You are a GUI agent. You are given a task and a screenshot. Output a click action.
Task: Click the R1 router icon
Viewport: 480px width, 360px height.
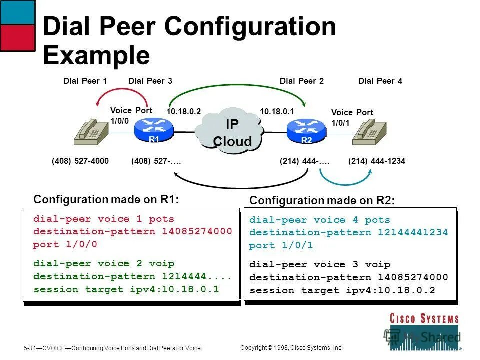click(x=154, y=131)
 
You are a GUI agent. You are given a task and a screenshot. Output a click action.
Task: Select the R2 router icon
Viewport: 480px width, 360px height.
click(x=306, y=131)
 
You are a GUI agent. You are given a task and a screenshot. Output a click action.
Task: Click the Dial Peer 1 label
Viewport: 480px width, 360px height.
click(x=85, y=81)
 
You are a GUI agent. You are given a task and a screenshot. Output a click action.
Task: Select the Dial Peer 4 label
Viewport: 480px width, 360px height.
click(x=380, y=81)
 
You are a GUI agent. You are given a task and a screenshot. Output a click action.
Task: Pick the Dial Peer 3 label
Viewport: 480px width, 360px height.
click(x=150, y=81)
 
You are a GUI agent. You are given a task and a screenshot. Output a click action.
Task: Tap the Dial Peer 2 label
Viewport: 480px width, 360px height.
click(x=302, y=81)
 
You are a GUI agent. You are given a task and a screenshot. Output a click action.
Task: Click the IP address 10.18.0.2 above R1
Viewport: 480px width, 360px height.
click(x=183, y=111)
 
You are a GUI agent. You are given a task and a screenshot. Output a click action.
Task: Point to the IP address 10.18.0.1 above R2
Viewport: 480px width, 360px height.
click(x=276, y=111)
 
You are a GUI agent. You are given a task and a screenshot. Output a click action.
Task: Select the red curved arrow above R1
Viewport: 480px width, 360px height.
click(x=118, y=92)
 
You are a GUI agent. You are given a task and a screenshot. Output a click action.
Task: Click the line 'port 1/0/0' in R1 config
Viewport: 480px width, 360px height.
click(x=65, y=245)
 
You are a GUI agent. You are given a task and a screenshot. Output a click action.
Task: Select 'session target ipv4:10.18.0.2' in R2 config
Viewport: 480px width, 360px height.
click(x=342, y=290)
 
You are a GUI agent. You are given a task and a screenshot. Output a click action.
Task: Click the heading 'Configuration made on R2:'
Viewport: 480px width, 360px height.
click(x=322, y=200)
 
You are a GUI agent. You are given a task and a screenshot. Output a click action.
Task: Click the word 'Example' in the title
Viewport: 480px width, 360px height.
click(x=96, y=55)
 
